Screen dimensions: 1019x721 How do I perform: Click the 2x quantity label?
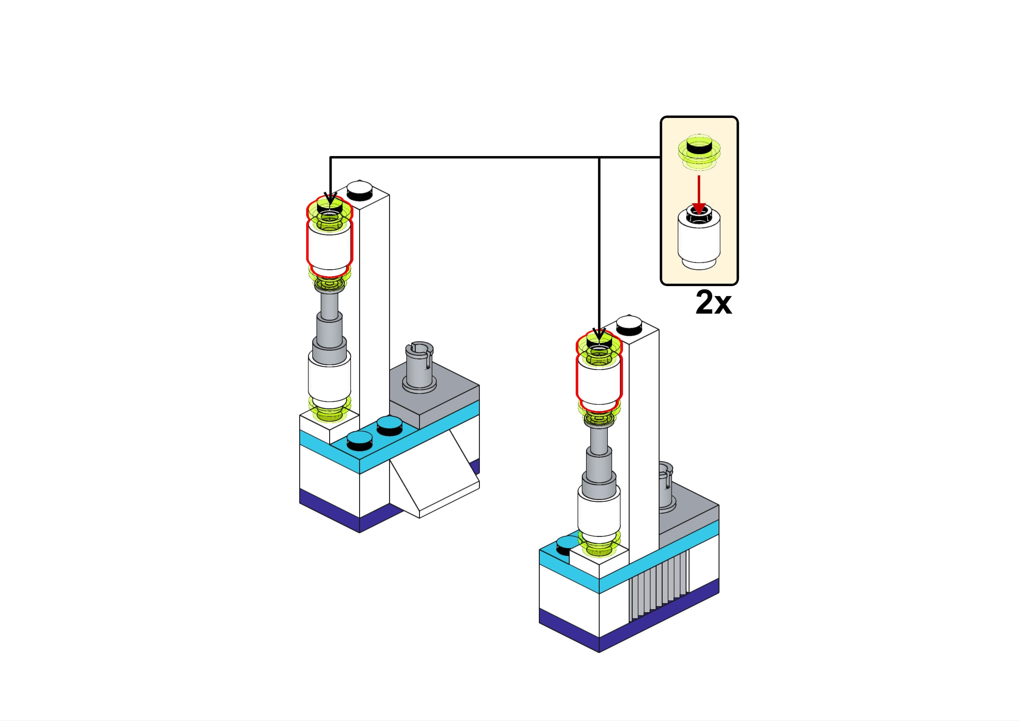point(713,302)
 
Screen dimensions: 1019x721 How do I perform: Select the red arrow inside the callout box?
point(699,195)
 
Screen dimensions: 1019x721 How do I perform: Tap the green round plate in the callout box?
point(699,152)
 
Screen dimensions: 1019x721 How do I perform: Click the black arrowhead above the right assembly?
point(599,334)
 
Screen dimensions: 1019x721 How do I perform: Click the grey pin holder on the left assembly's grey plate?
point(419,367)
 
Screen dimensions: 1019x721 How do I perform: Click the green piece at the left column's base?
point(329,411)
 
